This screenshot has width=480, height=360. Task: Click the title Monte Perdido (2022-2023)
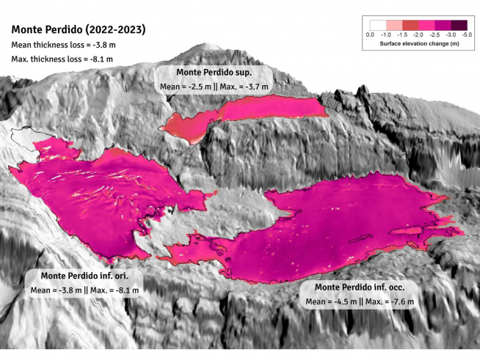click(77, 31)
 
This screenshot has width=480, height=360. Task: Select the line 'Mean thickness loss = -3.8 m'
click(64, 45)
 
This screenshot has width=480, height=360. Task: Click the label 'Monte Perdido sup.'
click(214, 73)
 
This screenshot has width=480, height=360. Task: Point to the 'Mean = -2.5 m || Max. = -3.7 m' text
click(214, 87)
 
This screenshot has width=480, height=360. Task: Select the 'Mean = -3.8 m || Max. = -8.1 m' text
click(84, 290)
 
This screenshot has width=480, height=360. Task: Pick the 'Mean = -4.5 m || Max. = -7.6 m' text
click(360, 301)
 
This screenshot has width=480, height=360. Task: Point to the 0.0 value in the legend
click(370, 34)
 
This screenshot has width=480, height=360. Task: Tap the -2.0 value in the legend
click(418, 34)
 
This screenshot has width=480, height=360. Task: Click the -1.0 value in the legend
click(385, 34)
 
